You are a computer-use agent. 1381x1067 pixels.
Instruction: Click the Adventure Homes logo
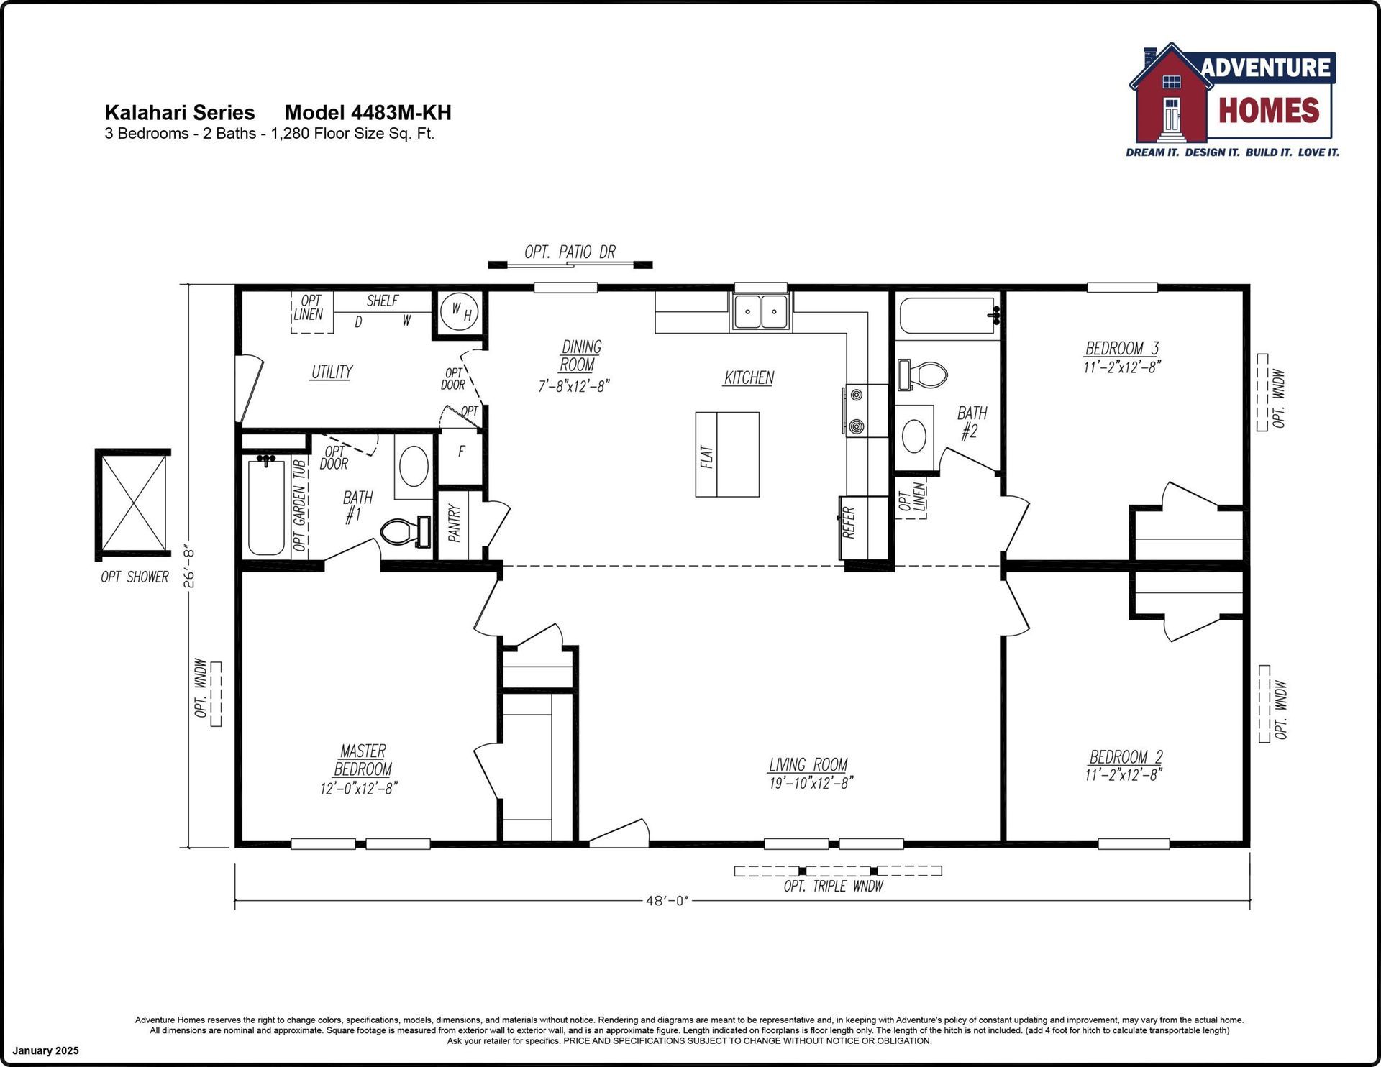point(1232,100)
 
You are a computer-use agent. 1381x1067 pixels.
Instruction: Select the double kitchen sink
point(761,311)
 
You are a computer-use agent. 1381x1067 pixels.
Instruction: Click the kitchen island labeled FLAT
point(727,454)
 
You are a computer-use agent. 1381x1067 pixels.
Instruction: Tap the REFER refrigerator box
point(864,527)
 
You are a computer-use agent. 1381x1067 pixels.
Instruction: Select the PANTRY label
point(454,523)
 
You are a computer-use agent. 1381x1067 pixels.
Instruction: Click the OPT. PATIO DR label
point(570,252)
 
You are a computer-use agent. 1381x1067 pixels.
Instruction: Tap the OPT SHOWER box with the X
point(133,505)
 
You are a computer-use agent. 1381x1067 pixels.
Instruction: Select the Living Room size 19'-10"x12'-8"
point(811,783)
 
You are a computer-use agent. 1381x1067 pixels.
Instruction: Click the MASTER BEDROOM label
point(363,760)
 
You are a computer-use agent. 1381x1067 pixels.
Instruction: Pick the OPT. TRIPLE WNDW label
point(833,887)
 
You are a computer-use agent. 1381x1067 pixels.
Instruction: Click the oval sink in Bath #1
point(413,466)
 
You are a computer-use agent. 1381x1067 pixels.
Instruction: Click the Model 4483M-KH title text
point(368,113)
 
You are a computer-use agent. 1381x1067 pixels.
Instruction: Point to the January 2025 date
point(45,1050)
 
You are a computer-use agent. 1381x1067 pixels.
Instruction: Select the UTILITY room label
point(332,372)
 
